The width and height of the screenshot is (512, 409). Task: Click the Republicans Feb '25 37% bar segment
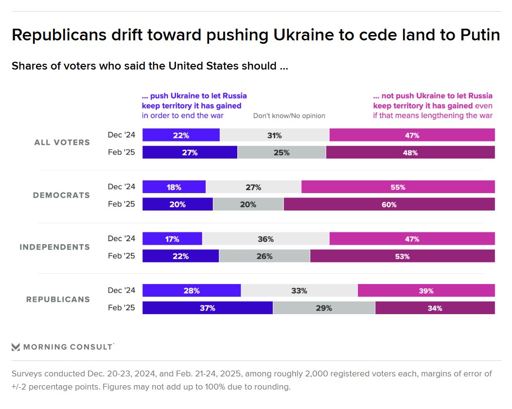coord(207,308)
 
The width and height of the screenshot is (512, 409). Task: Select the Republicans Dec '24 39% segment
coord(426,291)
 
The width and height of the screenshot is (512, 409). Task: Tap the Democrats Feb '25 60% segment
coord(389,204)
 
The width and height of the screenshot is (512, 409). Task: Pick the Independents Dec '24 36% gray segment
coord(266,239)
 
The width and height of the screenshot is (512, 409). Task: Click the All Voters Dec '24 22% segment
coord(181,135)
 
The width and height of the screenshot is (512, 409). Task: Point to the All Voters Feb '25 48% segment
coord(410,152)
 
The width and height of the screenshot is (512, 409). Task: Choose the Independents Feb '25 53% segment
coord(402,256)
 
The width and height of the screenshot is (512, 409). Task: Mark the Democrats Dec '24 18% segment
coord(174,187)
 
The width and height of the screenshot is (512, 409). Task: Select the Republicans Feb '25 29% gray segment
coord(324,308)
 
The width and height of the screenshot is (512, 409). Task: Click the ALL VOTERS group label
coord(62,142)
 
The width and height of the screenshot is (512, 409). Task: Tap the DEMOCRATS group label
coord(61,195)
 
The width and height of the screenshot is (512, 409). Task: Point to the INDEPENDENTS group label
coord(54,247)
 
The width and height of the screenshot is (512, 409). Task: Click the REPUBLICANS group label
coord(58,299)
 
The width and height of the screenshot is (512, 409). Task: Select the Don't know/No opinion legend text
coord(289,116)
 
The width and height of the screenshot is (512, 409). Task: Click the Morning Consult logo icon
coord(16,347)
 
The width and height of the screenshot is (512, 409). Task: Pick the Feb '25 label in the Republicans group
coord(122,308)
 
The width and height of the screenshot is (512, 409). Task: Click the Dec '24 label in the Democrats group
coord(122,187)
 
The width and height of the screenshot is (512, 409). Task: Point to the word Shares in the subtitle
coord(29,66)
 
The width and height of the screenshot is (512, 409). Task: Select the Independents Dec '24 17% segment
coord(172,239)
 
